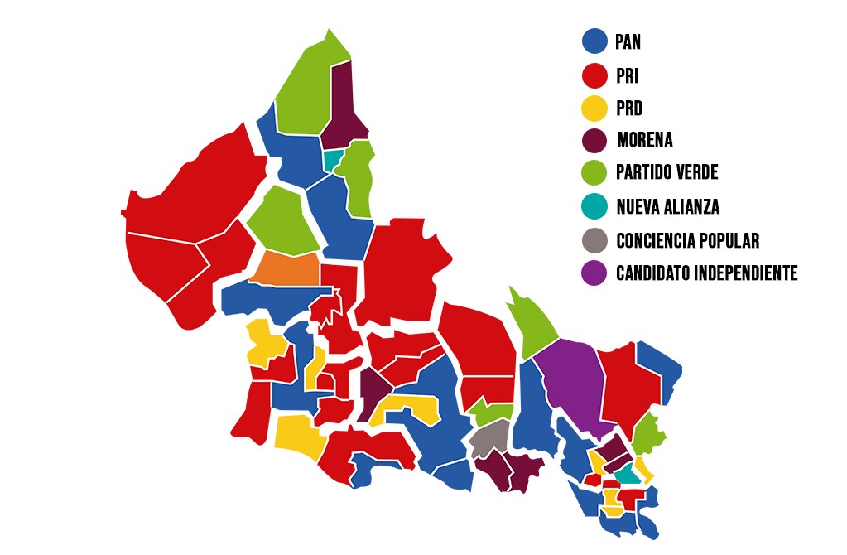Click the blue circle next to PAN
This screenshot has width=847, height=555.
pos(594,41)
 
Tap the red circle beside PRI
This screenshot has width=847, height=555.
pos(594,75)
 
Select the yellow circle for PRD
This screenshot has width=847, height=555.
pos(594,108)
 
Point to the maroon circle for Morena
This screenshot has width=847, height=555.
pos(594,140)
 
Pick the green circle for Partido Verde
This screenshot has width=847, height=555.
pos(594,173)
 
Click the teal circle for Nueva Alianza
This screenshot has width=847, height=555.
pos(594,206)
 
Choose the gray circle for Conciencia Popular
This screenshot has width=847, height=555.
pos(594,240)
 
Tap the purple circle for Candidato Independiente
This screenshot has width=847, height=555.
pos(594,273)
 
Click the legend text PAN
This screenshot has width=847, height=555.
pos(628,42)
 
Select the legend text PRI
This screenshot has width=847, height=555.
pos(627,76)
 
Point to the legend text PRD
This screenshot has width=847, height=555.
pos(629,109)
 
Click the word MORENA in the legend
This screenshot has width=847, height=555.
pos(645,141)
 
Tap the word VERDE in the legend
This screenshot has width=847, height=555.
pos(695,174)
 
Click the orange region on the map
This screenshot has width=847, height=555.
pos(285,268)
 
